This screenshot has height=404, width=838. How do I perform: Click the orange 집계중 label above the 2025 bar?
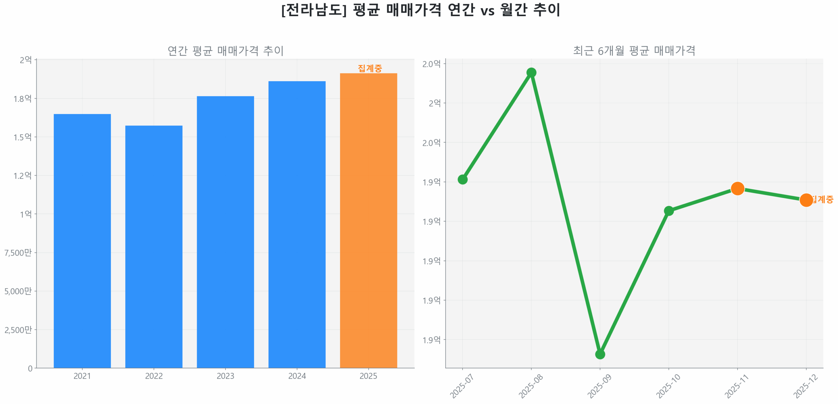coord(370,68)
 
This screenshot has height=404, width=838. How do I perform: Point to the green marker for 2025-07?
coord(462,179)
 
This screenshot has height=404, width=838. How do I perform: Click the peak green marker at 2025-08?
coord(531,72)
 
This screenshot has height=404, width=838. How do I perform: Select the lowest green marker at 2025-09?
coord(600,354)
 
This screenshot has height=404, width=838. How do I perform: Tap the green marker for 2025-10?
coord(668,211)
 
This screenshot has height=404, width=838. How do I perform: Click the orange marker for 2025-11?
coord(737,188)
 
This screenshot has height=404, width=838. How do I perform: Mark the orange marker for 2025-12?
coord(806,200)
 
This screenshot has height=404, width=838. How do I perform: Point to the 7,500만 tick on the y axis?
coord(18,252)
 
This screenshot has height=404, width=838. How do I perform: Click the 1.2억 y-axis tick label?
coord(22,175)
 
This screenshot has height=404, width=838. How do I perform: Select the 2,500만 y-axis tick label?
coord(18,329)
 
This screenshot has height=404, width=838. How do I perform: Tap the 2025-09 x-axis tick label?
coord(599,386)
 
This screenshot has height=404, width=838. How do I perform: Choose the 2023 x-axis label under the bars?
coord(225,376)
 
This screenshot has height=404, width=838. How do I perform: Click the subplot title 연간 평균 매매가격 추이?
coord(225,51)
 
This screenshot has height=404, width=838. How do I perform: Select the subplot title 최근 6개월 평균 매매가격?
coord(634,51)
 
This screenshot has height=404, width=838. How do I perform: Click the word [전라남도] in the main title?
coord(314,10)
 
